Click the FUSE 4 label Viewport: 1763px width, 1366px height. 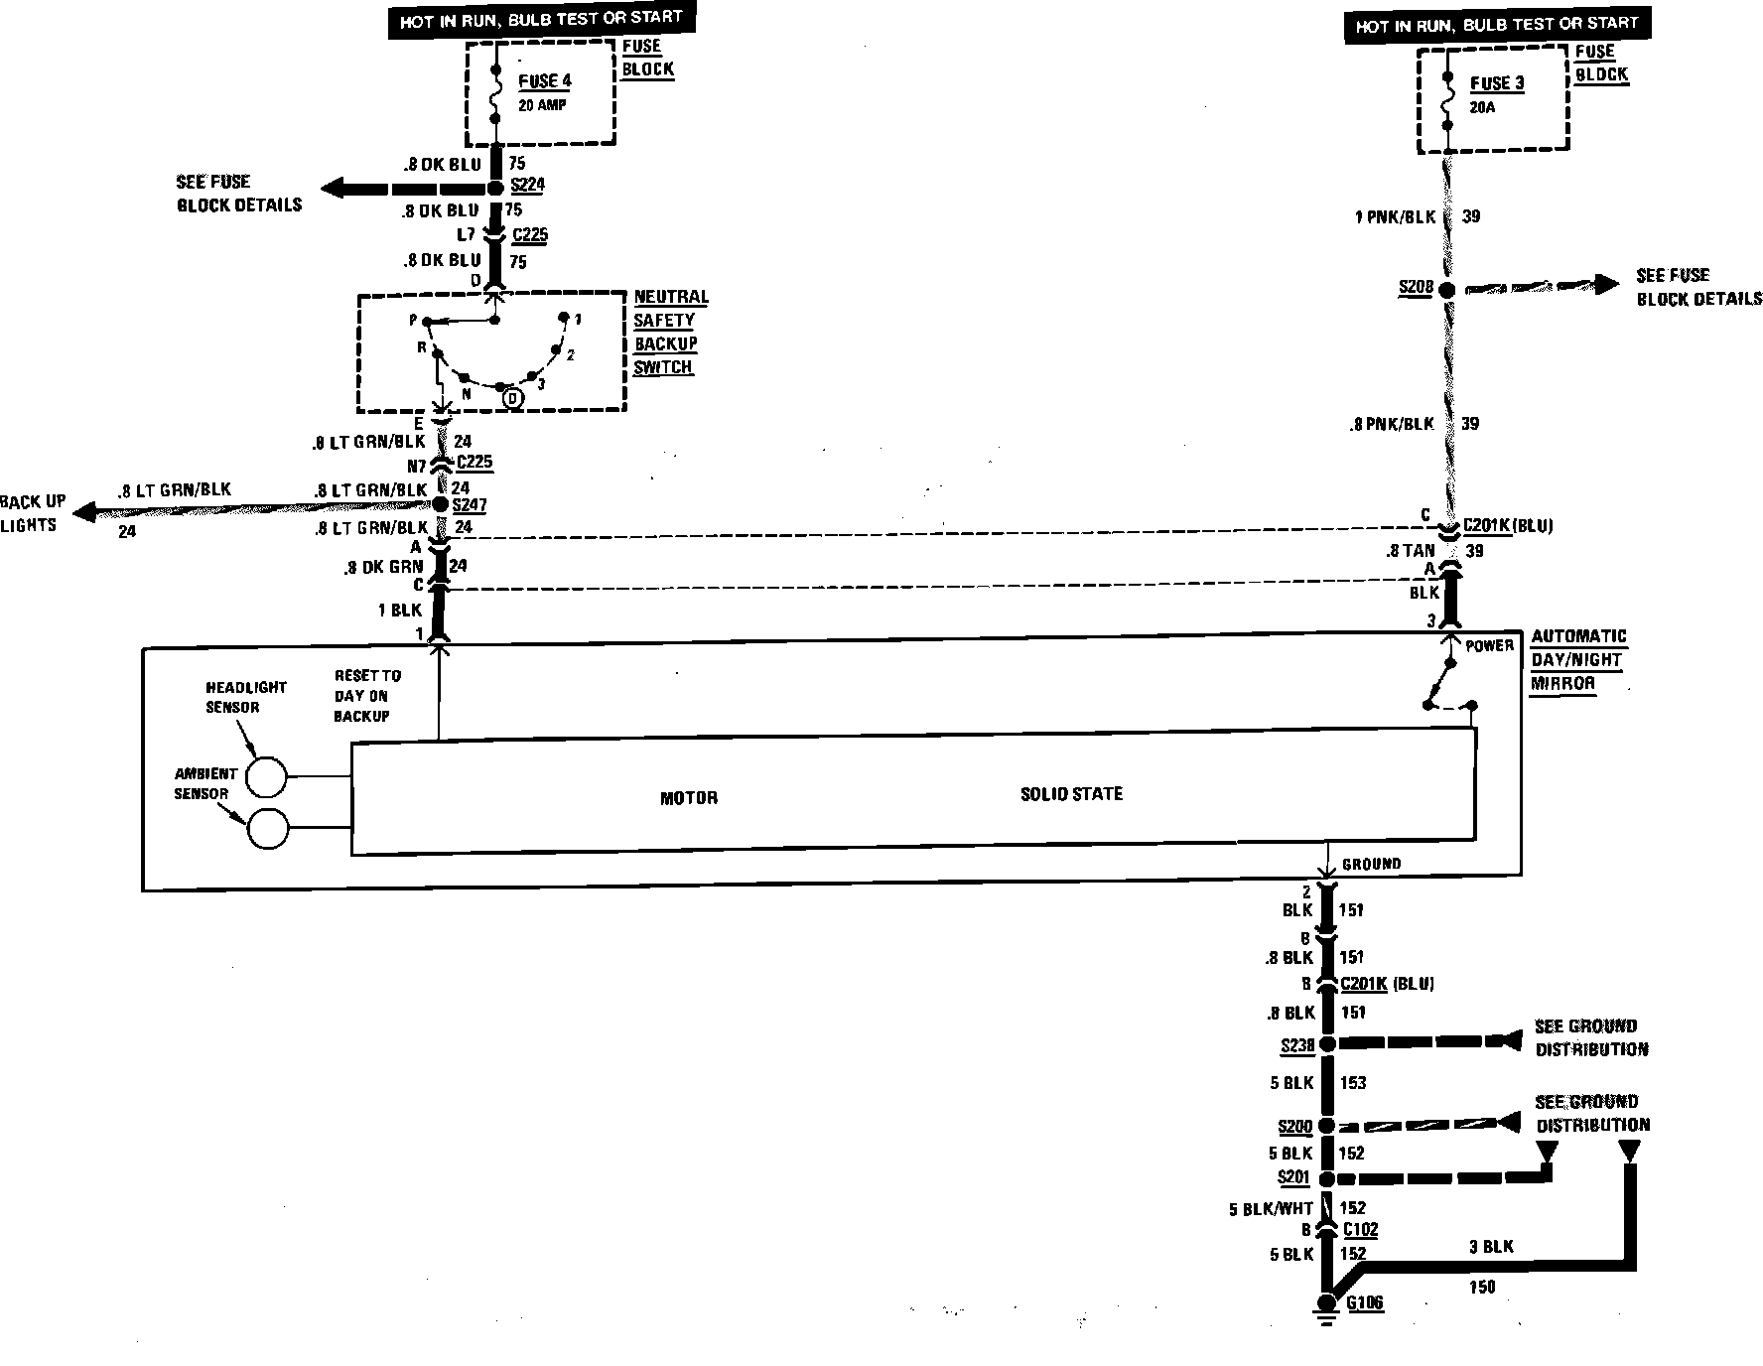click(x=545, y=81)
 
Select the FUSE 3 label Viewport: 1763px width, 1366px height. click(x=1496, y=84)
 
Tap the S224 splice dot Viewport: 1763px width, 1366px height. click(x=495, y=188)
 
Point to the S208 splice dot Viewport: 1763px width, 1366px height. click(x=1447, y=290)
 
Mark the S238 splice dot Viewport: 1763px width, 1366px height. click(x=1327, y=1043)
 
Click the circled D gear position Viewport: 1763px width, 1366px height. click(x=512, y=398)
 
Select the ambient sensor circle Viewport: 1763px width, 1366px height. click(x=266, y=829)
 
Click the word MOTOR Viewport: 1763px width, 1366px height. click(x=689, y=798)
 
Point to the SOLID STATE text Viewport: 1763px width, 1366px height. click(x=1071, y=794)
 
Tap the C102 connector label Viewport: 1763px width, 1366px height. click(x=1360, y=1230)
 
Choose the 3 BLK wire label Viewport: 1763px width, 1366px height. click(x=1491, y=1246)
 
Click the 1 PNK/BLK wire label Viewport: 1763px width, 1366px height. click(x=1395, y=217)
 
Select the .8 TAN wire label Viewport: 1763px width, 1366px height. click(x=1411, y=550)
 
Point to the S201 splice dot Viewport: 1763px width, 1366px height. click(x=1327, y=1178)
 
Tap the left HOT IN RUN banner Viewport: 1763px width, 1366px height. click(x=540, y=19)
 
